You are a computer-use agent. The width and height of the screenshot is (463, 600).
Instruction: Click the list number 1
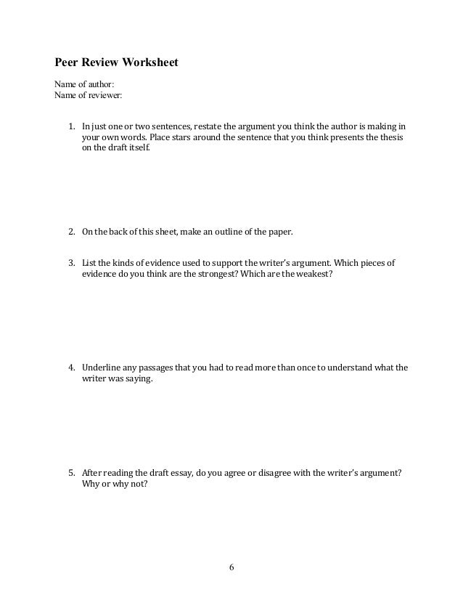(x=72, y=123)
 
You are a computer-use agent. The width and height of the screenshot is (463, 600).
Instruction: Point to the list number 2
(x=72, y=232)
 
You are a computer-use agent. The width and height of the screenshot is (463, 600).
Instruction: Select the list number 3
(x=72, y=262)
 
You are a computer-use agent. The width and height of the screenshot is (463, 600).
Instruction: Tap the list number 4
(x=72, y=368)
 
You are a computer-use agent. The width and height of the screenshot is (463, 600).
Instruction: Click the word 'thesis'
(x=391, y=136)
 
